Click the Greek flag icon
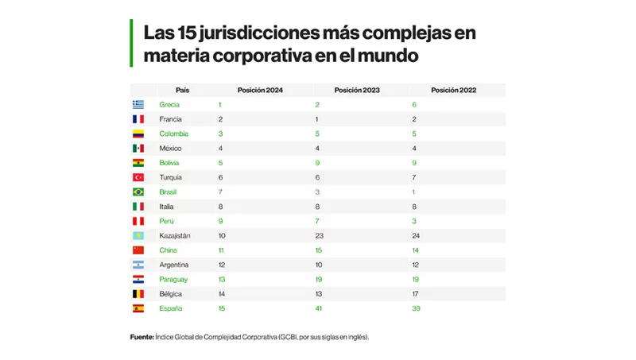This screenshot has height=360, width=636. tap(138, 105)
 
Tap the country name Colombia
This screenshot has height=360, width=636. tap(173, 134)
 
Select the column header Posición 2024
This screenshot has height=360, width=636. tap(260, 91)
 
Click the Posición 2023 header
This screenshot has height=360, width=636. tap(357, 91)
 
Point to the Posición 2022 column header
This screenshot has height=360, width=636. tap(453, 91)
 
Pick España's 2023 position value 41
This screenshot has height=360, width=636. tap(319, 308)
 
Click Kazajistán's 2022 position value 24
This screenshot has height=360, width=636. tap(416, 235)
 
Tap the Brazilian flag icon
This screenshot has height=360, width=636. tap(138, 192)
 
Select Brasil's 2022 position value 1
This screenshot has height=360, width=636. tap(413, 192)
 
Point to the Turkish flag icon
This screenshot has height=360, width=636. tap(138, 177)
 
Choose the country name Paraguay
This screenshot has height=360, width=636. tap(175, 279)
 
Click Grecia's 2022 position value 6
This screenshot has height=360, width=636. tap(414, 105)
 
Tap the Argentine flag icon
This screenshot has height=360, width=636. tap(138, 265)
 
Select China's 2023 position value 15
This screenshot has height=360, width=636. tap(319, 250)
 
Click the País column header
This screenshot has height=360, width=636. tap(182, 91)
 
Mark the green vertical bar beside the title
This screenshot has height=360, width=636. tap(131, 43)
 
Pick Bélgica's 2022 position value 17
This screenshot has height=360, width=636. tap(415, 293)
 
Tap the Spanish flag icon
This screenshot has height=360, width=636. tap(138, 308)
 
